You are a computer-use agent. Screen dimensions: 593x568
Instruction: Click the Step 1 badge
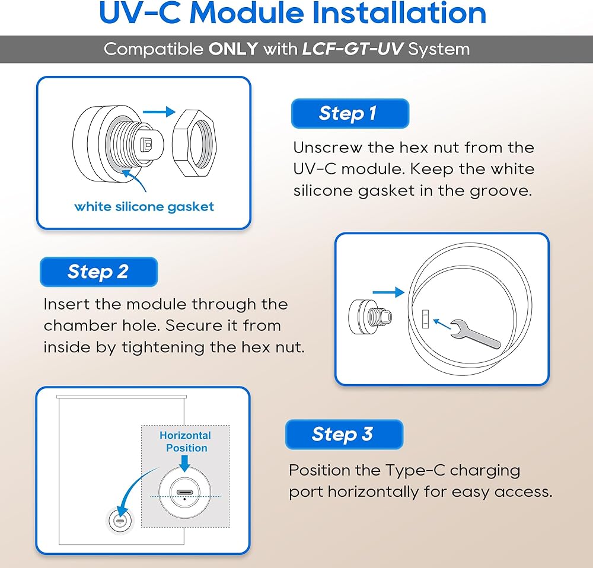click(x=350, y=113)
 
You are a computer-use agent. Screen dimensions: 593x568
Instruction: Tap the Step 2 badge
click(x=98, y=272)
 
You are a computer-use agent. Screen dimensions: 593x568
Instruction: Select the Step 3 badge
click(x=344, y=435)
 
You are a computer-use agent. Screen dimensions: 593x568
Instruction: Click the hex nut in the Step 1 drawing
click(x=195, y=143)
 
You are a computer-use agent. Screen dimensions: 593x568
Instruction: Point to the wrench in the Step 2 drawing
click(x=476, y=334)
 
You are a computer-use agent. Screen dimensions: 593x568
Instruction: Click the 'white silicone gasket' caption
click(x=144, y=206)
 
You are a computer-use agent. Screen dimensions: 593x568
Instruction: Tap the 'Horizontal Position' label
click(x=185, y=442)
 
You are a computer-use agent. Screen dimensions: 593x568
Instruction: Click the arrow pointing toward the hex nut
click(x=159, y=111)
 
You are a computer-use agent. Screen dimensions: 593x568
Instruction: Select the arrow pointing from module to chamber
click(x=388, y=292)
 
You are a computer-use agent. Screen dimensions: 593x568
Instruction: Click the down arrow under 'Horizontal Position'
click(x=184, y=464)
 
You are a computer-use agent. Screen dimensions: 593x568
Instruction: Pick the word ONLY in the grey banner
click(x=233, y=49)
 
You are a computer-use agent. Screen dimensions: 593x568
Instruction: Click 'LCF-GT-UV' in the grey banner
click(x=353, y=49)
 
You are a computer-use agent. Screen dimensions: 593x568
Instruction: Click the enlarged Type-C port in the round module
click(x=184, y=492)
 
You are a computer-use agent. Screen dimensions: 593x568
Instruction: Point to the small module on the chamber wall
click(x=120, y=521)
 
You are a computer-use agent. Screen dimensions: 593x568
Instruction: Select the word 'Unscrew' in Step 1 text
click(x=328, y=148)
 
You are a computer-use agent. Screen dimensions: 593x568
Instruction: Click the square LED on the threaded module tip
click(x=146, y=145)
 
